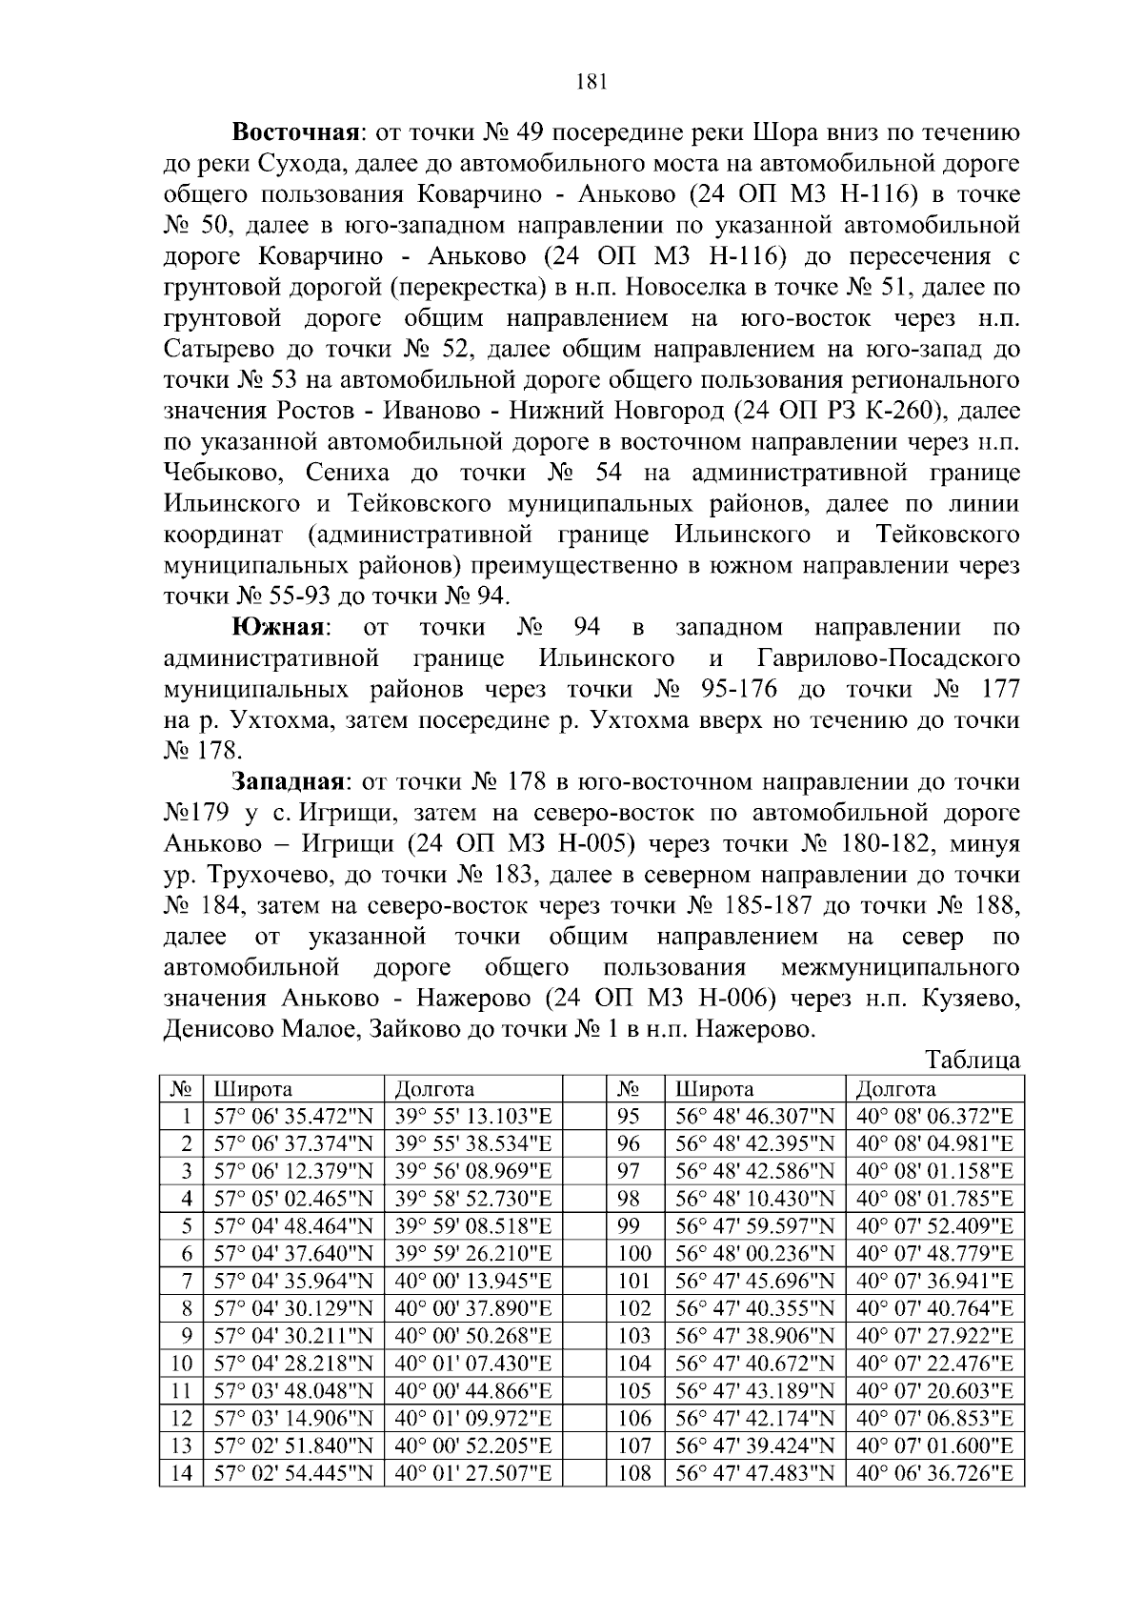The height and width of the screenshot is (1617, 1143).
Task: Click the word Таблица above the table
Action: (x=972, y=1061)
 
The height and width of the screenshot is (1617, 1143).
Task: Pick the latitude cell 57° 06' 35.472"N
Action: (x=293, y=1117)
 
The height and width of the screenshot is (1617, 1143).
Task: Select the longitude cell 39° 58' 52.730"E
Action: (x=473, y=1198)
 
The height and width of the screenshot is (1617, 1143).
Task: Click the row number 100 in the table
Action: (x=634, y=1253)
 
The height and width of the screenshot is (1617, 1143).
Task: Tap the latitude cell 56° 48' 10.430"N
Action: (x=754, y=1198)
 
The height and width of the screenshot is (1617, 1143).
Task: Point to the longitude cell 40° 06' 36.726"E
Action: (x=934, y=1474)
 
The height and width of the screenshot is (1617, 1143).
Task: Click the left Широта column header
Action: (x=252, y=1089)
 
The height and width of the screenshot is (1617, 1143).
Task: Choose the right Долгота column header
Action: (x=895, y=1089)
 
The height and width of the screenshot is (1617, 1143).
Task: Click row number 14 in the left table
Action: (x=181, y=1474)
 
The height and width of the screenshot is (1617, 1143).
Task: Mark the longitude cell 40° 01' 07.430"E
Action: (x=473, y=1364)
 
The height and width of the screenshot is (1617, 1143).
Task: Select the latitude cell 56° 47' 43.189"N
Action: (x=754, y=1391)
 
